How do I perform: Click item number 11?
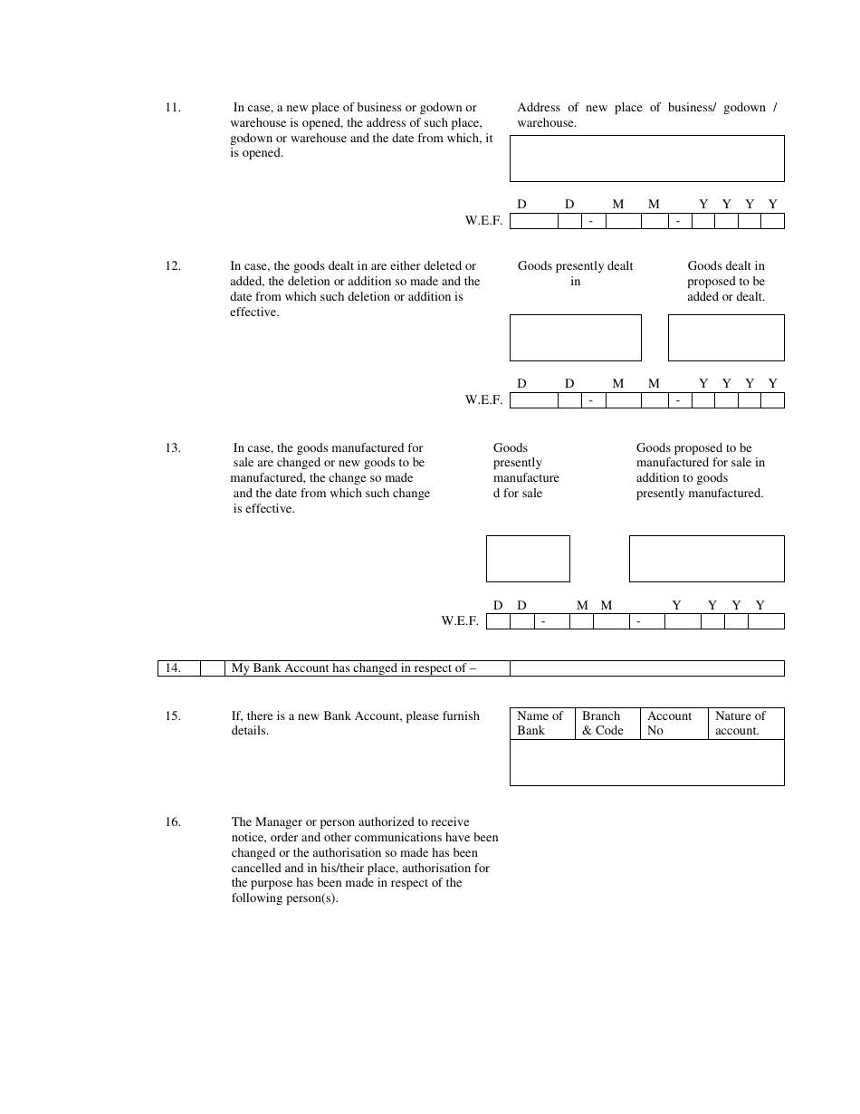tap(172, 108)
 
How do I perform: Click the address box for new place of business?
tap(646, 158)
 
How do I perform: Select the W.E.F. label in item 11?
tap(483, 221)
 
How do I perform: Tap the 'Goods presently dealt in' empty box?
tap(575, 338)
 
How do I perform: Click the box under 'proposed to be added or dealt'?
tap(726, 338)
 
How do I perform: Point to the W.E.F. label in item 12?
tap(483, 400)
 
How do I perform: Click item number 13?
tap(172, 447)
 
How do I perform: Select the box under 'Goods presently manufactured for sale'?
tap(528, 559)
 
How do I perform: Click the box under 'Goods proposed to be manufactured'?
tap(706, 559)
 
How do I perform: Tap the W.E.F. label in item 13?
tap(460, 621)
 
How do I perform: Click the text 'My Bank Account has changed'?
tap(353, 668)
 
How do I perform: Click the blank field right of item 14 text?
tap(646, 668)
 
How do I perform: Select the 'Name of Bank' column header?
tap(540, 723)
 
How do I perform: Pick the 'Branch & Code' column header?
tap(603, 723)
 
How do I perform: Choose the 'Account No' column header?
tap(670, 723)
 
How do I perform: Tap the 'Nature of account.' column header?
tap(741, 723)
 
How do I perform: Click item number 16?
tap(172, 822)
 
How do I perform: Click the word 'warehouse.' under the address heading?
tap(547, 123)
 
